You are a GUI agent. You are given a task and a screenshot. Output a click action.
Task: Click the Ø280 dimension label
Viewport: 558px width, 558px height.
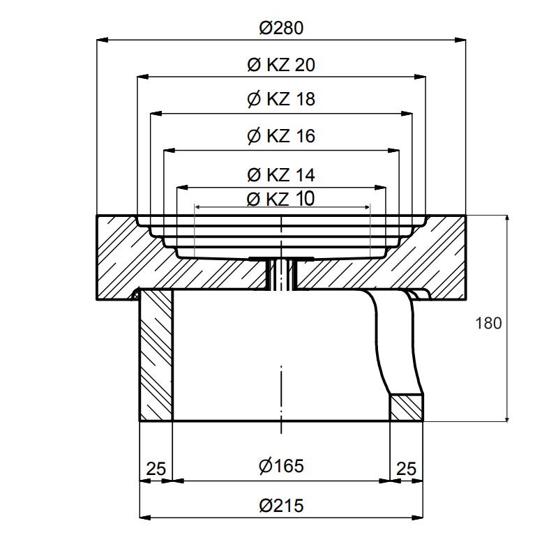pyautogui.click(x=281, y=28)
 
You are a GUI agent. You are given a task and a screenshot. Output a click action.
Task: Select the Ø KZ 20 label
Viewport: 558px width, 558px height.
pyautogui.click(x=281, y=65)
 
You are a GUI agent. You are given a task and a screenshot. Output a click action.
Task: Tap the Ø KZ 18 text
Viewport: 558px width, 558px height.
pyautogui.click(x=281, y=99)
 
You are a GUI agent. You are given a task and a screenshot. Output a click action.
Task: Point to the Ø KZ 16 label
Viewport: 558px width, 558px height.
pyautogui.click(x=281, y=136)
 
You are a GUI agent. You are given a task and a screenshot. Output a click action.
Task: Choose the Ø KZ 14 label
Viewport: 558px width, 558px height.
pyautogui.click(x=281, y=175)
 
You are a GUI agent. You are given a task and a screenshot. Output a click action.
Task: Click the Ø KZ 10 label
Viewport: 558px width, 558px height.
pyautogui.click(x=281, y=199)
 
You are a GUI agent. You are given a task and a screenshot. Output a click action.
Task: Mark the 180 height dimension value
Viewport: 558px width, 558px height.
pyautogui.click(x=489, y=323)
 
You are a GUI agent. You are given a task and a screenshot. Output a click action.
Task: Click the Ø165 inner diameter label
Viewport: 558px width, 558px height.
pyautogui.click(x=282, y=466)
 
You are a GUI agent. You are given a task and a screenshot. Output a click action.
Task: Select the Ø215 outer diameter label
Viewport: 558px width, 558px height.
pyautogui.click(x=282, y=506)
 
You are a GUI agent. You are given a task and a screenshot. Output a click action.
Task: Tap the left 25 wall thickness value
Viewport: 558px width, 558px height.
pyautogui.click(x=156, y=469)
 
